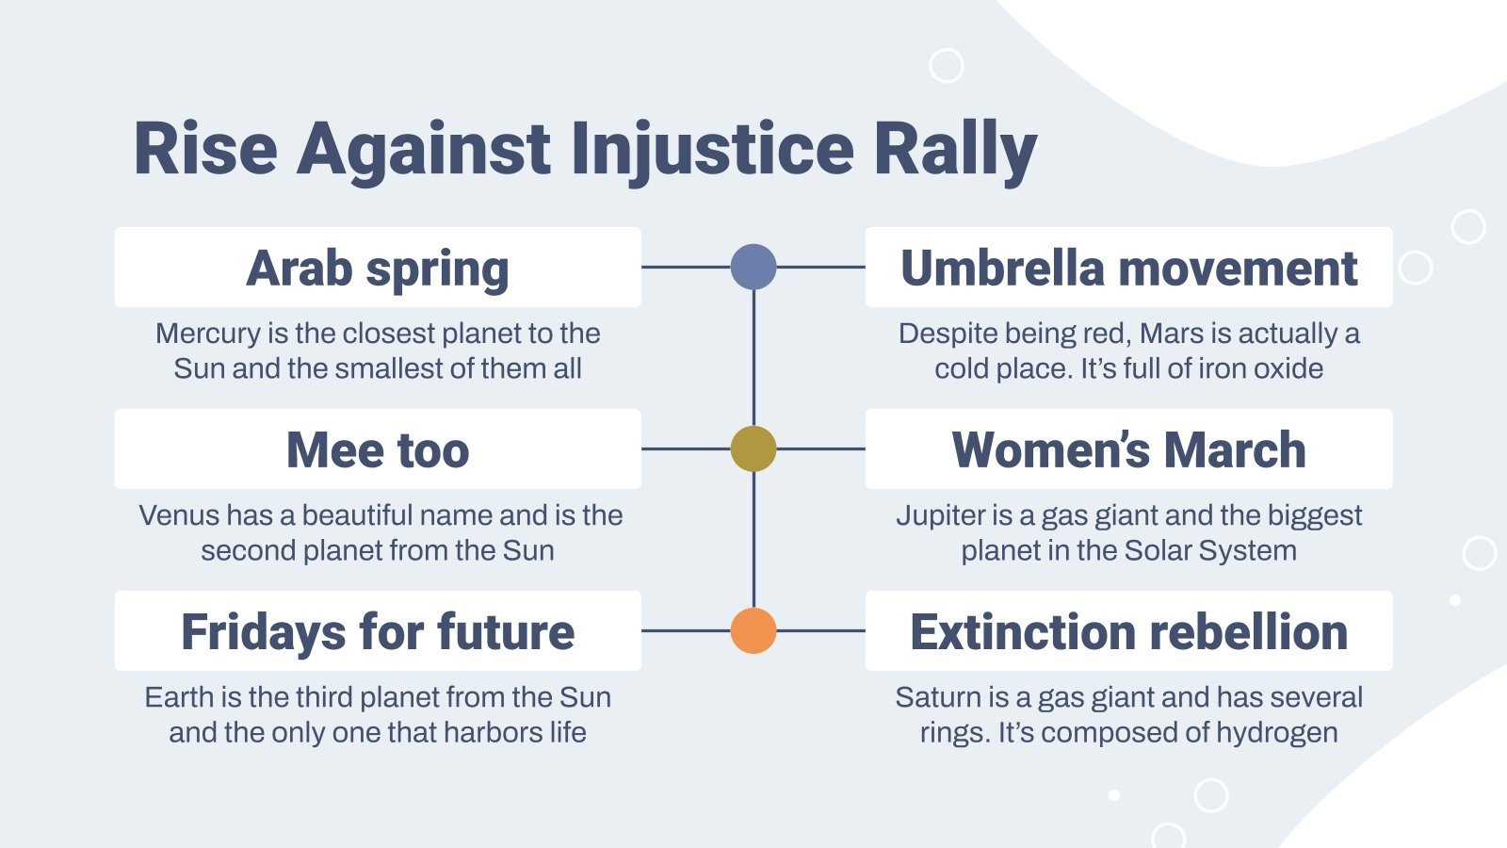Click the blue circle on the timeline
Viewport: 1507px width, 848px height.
click(x=753, y=267)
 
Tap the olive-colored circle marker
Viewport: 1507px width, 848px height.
click(x=753, y=448)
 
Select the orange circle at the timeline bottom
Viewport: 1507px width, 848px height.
click(x=753, y=630)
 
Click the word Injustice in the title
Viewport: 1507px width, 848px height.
click(x=712, y=149)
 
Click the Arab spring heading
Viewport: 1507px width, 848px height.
click(x=378, y=268)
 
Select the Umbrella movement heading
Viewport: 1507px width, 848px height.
click(x=1128, y=268)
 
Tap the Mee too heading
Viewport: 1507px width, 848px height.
click(x=378, y=449)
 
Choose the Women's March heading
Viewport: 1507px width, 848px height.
click(x=1128, y=449)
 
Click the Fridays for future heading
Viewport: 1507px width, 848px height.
click(x=378, y=631)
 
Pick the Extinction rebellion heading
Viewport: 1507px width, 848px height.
click(x=1128, y=631)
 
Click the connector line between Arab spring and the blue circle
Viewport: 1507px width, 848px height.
click(x=686, y=267)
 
